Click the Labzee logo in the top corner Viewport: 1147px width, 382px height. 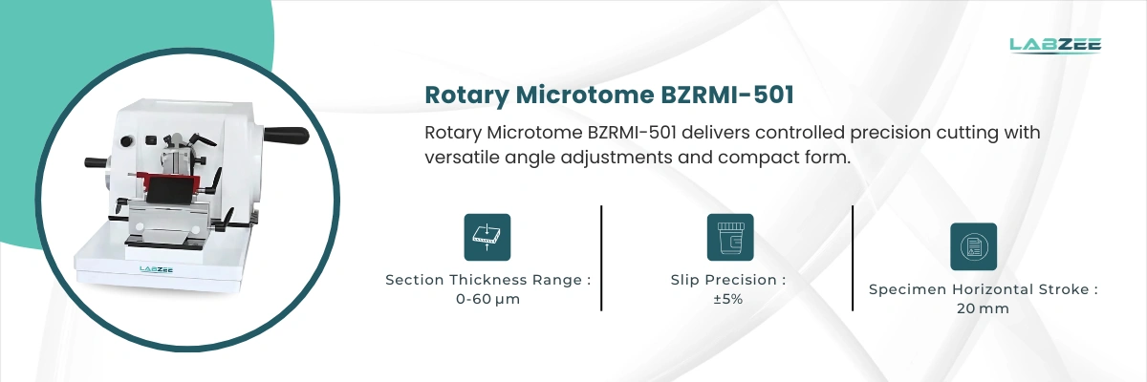pyautogui.click(x=1055, y=45)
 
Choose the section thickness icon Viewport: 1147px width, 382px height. pyautogui.click(x=487, y=237)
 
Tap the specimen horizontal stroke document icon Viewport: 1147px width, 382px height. pyautogui.click(x=973, y=246)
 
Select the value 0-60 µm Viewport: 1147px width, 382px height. pyautogui.click(x=487, y=299)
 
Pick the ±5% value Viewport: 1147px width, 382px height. pyautogui.click(x=728, y=299)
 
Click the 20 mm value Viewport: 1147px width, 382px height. pyautogui.click(x=983, y=308)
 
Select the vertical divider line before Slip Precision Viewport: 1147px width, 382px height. pyautogui.click(x=601, y=258)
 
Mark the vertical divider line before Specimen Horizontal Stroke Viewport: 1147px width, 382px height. pyautogui.click(x=853, y=258)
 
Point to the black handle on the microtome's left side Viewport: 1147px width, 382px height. pyautogui.click(x=95, y=162)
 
